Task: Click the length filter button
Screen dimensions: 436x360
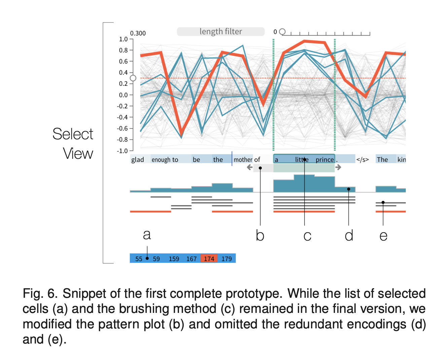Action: point(221,32)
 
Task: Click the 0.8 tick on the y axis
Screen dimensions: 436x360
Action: point(131,50)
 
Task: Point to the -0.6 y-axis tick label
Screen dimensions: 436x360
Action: point(122,129)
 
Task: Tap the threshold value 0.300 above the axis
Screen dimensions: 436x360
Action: point(138,33)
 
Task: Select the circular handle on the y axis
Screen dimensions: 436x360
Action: point(133,78)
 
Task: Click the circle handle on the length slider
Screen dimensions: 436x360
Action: point(282,32)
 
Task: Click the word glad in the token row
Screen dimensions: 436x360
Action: point(138,159)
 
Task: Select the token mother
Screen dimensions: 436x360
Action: point(243,159)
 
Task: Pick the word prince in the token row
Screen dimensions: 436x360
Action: point(325,159)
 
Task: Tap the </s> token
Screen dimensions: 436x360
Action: point(363,159)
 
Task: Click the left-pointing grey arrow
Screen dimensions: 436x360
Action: point(250,167)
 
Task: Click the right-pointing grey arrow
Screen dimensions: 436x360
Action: point(338,167)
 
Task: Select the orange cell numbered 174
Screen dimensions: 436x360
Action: point(209,258)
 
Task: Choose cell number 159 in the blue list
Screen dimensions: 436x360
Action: point(174,259)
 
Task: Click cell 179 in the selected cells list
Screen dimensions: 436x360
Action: point(226,259)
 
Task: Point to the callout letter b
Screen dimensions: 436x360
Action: point(260,235)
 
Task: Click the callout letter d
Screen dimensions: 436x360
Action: point(349,235)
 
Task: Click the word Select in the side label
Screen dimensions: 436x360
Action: point(73,134)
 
